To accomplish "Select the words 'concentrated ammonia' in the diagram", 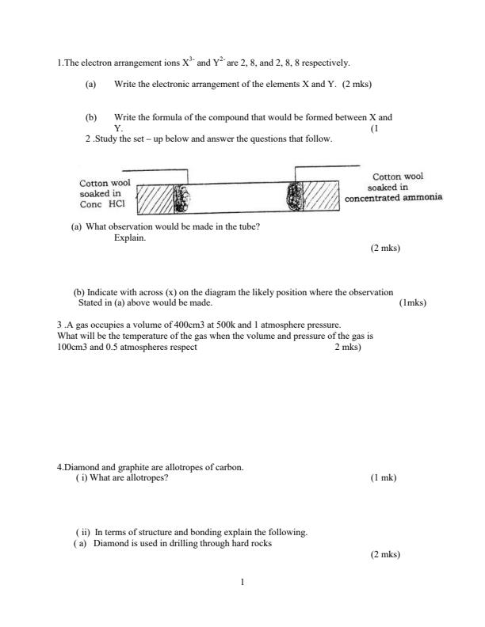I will [x=393, y=198].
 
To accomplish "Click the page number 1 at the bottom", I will [x=242, y=583].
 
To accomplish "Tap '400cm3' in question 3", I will [x=167, y=325].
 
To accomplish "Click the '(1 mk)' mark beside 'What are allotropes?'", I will [x=384, y=478].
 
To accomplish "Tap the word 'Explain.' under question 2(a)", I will [x=130, y=237].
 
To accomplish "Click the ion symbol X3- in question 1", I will [x=187, y=62].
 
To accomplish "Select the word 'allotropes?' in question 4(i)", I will [x=147, y=478].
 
